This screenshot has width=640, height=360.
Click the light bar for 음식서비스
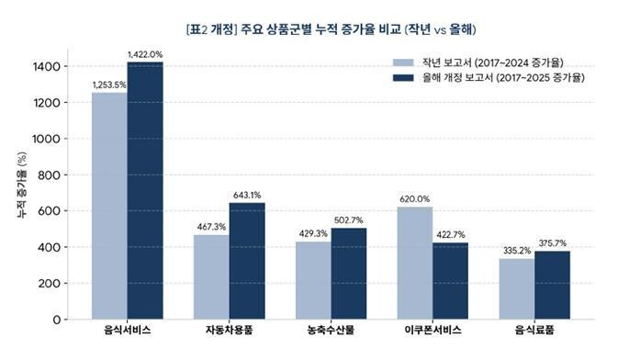pos(109,206)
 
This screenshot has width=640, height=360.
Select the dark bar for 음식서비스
pos(145,191)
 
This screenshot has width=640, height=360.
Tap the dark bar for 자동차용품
pos(247,261)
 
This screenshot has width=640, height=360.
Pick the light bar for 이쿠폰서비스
pos(415,263)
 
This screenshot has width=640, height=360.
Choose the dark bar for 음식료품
pos(552,285)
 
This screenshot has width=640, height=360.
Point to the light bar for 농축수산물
pos(313,280)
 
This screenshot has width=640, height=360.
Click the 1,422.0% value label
pos(145,54)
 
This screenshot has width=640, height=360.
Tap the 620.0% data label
pos(415,199)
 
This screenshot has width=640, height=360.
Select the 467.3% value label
pos(211,227)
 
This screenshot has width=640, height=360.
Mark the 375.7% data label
pos(553,243)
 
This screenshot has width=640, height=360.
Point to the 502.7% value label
pos(349,220)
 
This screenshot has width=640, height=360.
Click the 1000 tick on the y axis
pos(46,139)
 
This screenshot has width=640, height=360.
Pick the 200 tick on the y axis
pos(49,283)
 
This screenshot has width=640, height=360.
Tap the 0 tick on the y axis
pos(56,320)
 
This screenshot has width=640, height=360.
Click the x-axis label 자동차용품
pos(229,331)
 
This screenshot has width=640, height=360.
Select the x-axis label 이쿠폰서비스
pos(433,331)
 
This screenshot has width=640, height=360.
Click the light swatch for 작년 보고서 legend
pos(403,62)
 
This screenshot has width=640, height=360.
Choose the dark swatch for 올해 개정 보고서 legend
pos(403,77)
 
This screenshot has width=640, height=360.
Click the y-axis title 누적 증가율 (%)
pos(22,185)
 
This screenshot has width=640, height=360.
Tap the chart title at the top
pos(331,29)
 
